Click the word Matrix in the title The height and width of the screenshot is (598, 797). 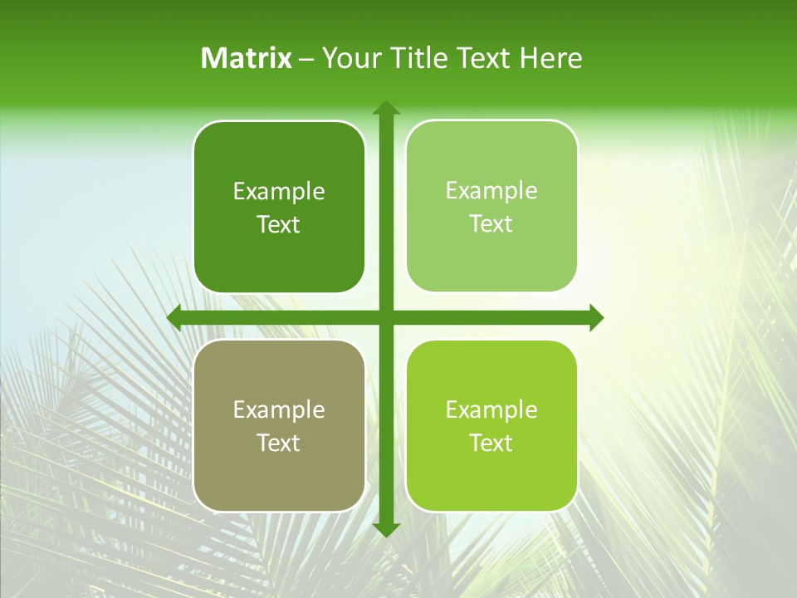click(x=247, y=58)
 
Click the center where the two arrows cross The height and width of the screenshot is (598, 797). click(x=385, y=318)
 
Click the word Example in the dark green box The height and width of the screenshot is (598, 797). click(x=279, y=192)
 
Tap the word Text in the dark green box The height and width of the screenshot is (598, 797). click(x=278, y=224)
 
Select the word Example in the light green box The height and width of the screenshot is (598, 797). click(x=491, y=191)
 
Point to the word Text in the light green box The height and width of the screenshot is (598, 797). click(x=491, y=223)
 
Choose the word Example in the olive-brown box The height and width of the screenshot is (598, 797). click(x=279, y=410)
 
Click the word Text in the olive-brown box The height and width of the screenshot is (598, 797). click(x=278, y=443)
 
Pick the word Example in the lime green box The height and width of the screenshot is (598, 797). click(x=491, y=410)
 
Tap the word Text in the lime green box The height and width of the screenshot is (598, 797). click(x=491, y=443)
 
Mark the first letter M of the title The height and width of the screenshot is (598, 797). click(x=213, y=58)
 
